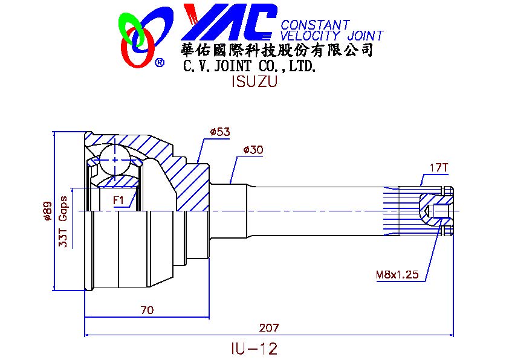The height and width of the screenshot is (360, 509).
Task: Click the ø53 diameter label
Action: point(220,131)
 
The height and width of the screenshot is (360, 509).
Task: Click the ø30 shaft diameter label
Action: point(252,150)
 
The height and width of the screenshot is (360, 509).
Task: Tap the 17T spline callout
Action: point(438,167)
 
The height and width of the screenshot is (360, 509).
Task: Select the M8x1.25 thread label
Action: point(397,275)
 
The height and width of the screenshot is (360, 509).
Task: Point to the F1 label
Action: point(118,200)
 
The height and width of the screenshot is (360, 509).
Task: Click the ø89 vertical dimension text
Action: point(47,211)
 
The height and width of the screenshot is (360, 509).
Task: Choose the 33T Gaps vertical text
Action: point(62,222)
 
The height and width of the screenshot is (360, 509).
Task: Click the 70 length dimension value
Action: point(146,310)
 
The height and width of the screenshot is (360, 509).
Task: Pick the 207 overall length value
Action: point(268,328)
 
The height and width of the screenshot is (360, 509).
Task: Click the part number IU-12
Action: point(254,349)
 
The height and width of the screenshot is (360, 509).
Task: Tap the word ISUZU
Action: point(254,82)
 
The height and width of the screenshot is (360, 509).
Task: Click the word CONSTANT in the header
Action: point(315,25)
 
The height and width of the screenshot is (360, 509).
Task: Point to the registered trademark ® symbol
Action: point(160,62)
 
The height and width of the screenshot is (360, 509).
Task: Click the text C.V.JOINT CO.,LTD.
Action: point(249,65)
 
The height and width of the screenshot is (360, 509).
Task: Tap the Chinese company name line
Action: point(277,50)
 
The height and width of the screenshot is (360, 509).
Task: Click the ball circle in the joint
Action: point(115,159)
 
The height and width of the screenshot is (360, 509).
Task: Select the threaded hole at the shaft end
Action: point(438,211)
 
